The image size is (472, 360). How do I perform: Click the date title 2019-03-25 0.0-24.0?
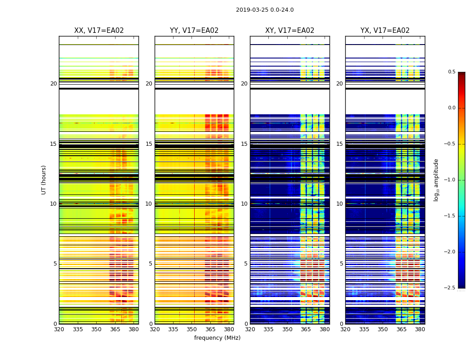(265, 10)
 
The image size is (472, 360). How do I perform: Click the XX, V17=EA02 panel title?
(99, 31)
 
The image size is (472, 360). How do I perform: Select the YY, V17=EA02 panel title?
(194, 31)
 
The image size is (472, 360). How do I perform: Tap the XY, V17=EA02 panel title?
(289, 31)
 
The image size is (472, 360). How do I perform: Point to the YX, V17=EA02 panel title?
(385, 31)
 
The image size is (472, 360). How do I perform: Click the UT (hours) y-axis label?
(44, 180)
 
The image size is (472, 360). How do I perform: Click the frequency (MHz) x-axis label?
(217, 338)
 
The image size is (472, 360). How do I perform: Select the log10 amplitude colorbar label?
(436, 180)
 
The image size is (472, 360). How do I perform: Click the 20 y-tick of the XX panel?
(53, 84)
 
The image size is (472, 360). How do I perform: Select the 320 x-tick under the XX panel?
(59, 329)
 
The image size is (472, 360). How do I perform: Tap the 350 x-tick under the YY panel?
(192, 329)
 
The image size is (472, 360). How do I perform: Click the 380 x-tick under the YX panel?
(420, 329)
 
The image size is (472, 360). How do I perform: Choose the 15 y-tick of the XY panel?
(244, 144)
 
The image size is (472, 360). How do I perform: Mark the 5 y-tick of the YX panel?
(341, 264)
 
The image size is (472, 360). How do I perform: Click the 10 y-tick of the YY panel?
(149, 204)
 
